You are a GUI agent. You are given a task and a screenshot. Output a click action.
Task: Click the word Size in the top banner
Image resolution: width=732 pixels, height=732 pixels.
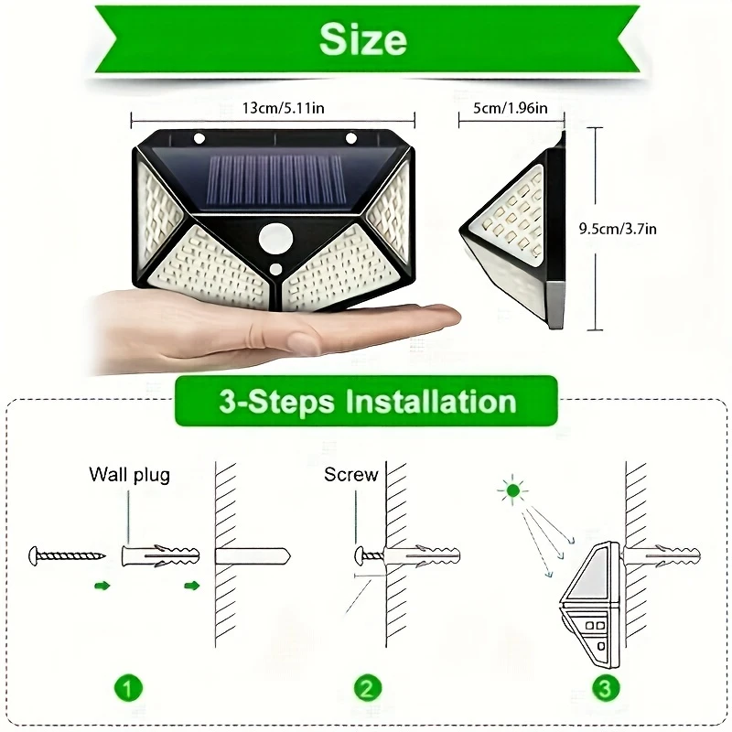click(x=363, y=40)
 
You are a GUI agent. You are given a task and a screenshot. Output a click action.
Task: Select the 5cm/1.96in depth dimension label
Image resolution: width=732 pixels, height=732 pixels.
click(x=511, y=108)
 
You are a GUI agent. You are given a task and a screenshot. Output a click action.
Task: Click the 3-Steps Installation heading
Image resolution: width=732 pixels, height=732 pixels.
click(x=366, y=402)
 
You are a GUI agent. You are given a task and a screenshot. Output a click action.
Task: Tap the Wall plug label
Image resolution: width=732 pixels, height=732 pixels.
click(x=129, y=475)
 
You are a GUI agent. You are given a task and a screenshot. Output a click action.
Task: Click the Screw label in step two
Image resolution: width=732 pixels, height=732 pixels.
click(x=350, y=475)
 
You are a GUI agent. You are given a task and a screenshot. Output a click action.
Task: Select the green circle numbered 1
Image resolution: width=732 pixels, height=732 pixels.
click(x=129, y=686)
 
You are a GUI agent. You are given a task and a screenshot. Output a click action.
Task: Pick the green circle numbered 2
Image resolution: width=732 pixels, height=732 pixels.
click(x=367, y=686)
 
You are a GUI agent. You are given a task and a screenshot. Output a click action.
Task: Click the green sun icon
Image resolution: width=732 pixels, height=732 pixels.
click(x=513, y=491)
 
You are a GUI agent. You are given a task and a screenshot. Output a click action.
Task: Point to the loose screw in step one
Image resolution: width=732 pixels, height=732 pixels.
click(x=66, y=554)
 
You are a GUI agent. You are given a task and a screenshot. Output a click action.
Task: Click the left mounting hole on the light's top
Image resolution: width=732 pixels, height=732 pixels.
click(x=198, y=139)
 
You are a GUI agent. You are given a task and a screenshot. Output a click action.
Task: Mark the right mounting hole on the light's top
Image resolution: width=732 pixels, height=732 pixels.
click(x=350, y=139)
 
